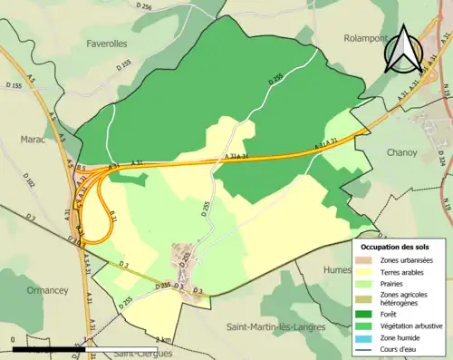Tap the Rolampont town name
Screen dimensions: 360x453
[x=364, y=38]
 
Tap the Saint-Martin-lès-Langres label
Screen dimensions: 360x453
[x=277, y=324]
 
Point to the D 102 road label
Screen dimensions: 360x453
[x=29, y=182]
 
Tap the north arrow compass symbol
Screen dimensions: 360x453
[x=402, y=50]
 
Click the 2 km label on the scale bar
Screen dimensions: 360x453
[x=165, y=339]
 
